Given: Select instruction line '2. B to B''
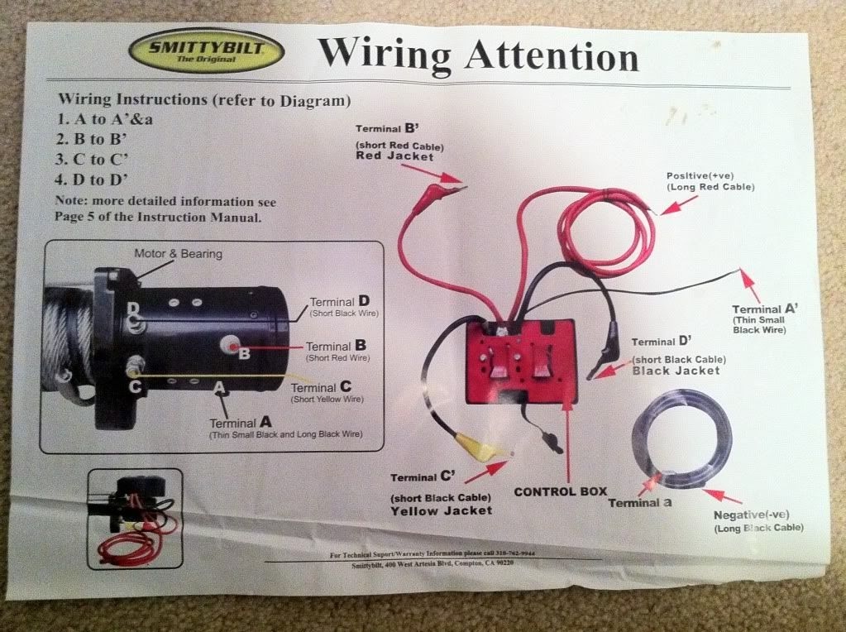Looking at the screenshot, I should pyautogui.click(x=96, y=139).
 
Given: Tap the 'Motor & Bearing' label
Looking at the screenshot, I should pyautogui.click(x=178, y=253).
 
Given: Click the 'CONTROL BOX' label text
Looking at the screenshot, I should pyautogui.click(x=560, y=491).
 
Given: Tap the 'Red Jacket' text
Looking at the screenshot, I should pyautogui.click(x=394, y=156).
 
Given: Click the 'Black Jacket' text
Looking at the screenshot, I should pyautogui.click(x=676, y=371).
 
